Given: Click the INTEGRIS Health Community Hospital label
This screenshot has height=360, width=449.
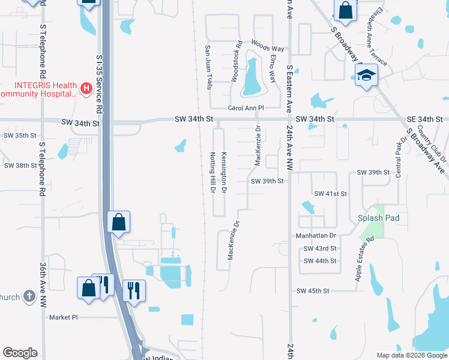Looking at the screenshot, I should (x=38, y=89).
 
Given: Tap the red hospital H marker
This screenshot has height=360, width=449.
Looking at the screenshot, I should (x=86, y=89).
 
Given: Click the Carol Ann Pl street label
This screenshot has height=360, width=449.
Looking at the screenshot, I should (x=246, y=108).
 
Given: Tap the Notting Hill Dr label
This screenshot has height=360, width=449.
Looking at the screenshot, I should (x=212, y=172).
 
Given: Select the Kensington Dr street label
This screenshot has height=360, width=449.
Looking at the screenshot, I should (x=224, y=172).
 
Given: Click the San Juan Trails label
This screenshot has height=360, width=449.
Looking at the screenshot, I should (x=209, y=67).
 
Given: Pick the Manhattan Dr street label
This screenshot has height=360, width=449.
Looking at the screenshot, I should (x=316, y=236).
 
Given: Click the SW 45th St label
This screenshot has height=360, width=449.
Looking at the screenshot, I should (x=313, y=291).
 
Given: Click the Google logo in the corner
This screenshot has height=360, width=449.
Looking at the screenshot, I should (x=20, y=353).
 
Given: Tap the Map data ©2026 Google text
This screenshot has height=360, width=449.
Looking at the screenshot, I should (x=412, y=355).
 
